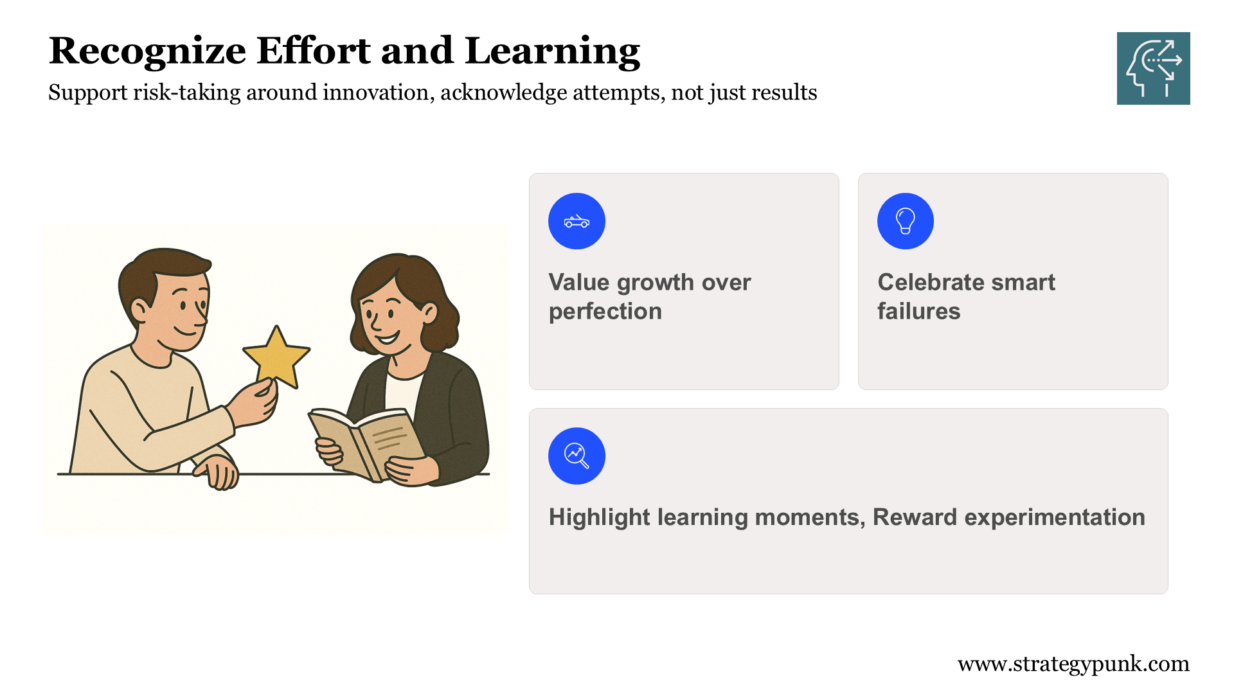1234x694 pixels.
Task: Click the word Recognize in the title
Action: click(x=147, y=51)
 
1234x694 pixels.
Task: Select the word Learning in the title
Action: click(x=552, y=51)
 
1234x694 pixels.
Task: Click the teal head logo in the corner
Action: click(x=1153, y=68)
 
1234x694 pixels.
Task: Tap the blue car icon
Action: click(x=577, y=221)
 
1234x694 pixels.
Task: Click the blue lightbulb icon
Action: click(x=906, y=221)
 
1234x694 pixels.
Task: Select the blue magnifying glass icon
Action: click(x=577, y=456)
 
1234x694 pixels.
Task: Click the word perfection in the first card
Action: click(x=605, y=312)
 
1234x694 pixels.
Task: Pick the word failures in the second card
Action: click(x=919, y=311)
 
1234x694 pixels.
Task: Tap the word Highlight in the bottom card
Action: click(x=600, y=517)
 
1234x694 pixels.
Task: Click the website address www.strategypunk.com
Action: click(x=1073, y=664)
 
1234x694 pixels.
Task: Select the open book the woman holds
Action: click(x=367, y=443)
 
